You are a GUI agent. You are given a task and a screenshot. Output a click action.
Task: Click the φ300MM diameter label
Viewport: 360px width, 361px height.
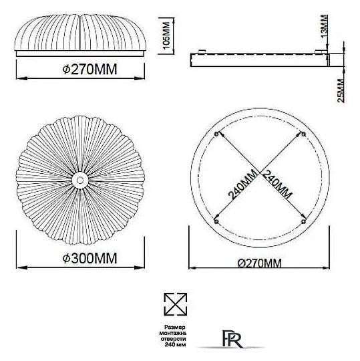pos(81,258)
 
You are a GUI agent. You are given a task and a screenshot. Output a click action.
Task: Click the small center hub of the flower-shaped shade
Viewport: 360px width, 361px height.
pos(80,178)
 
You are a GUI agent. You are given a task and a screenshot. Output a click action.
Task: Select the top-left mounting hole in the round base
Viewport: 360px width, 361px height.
pos(216,133)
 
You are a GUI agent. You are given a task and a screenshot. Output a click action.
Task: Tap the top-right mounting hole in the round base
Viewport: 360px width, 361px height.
pos(304,134)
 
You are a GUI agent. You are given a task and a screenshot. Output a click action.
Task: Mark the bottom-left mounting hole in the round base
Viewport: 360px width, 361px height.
pos(215,220)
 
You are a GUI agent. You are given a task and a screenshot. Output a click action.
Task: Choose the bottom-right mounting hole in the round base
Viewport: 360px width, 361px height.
pos(304,220)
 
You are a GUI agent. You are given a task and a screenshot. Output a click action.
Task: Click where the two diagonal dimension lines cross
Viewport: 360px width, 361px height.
pos(260,176)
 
